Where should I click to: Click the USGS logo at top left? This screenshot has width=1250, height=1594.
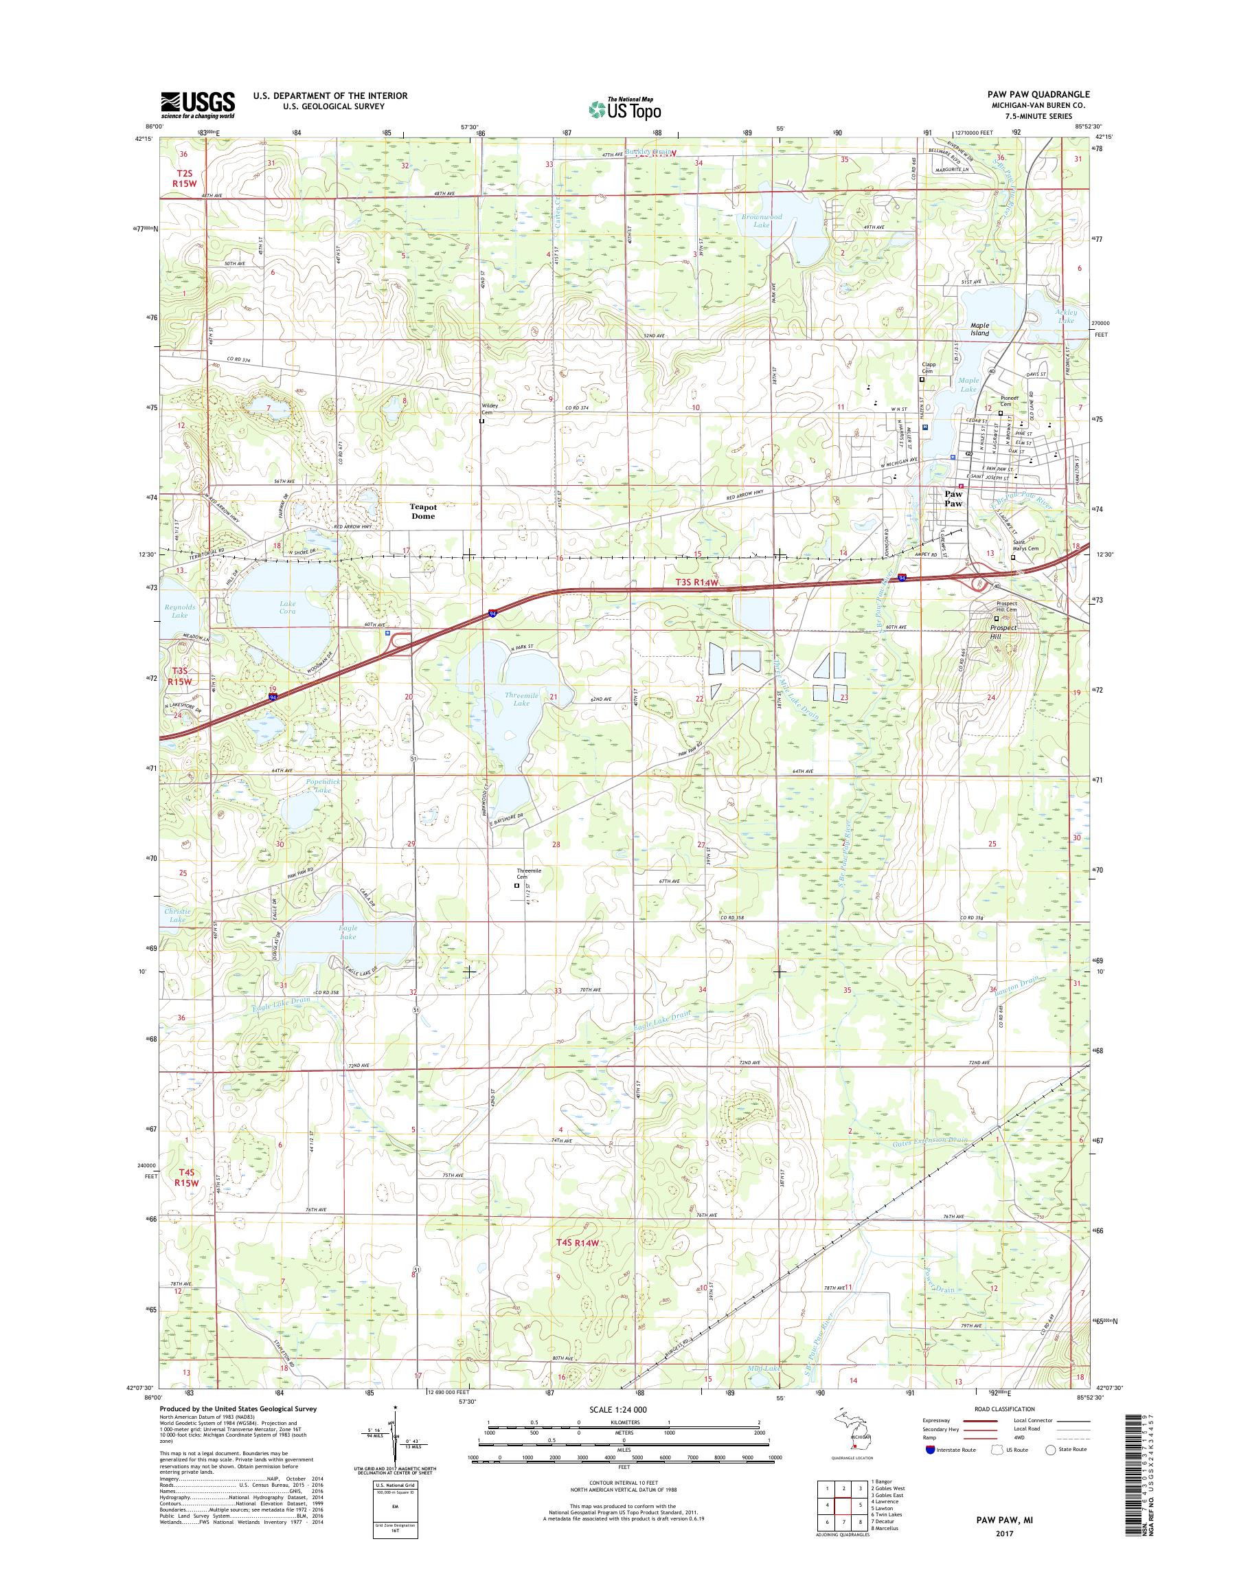pyautogui.click(x=198, y=105)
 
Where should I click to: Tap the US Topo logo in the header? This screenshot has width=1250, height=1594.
pyautogui.click(x=624, y=109)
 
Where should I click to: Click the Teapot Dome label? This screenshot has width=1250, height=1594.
pyautogui.click(x=423, y=511)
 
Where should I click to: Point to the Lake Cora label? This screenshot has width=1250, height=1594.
pyautogui.click(x=288, y=607)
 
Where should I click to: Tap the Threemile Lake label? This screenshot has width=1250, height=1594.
pyautogui.click(x=521, y=699)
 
